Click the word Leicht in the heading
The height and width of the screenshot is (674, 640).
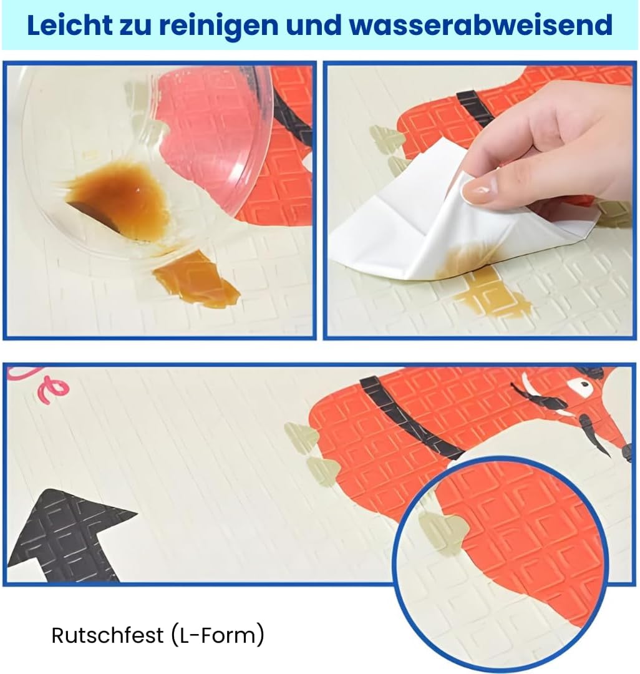click(x=69, y=25)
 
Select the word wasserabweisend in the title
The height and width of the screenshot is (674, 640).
click(x=481, y=25)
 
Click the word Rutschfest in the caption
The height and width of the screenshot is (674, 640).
click(x=107, y=635)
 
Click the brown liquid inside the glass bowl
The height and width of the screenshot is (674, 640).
click(x=118, y=198)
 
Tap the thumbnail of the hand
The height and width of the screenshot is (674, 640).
click(x=479, y=190)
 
